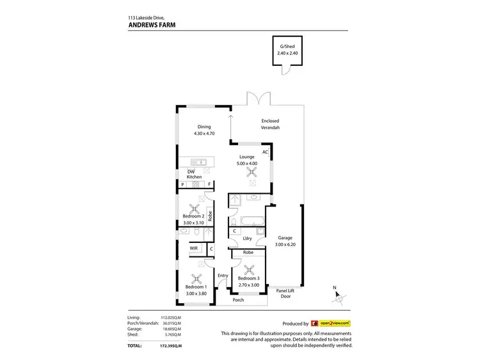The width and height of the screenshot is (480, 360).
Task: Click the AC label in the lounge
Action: (x=265, y=152)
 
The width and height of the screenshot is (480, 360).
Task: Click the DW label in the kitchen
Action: (x=191, y=171)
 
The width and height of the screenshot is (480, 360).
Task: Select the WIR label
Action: (x=193, y=248)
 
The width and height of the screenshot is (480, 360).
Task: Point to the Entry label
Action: (x=222, y=275)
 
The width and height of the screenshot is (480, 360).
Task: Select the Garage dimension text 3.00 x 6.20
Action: (x=285, y=244)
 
